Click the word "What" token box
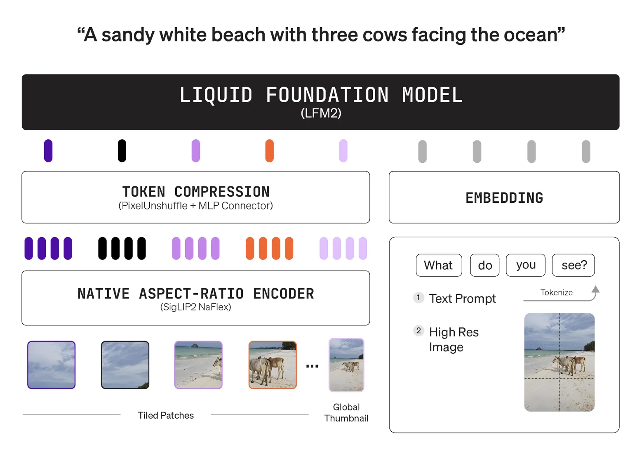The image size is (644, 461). click(439, 265)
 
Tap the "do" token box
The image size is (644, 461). click(485, 265)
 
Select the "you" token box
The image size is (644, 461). click(526, 265)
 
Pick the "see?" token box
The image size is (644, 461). click(573, 265)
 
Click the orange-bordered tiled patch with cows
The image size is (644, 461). click(273, 365)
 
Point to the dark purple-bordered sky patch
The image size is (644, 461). click(52, 365)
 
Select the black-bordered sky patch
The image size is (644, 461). click(125, 365)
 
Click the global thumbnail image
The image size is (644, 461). click(346, 365)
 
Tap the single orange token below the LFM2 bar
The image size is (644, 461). click(270, 151)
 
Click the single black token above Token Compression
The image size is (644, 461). click(122, 151)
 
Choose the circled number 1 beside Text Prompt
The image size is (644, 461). click(418, 297)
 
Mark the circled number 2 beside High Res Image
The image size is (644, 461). click(418, 331)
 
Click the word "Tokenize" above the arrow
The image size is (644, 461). click(556, 292)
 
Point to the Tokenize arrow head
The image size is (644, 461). click(596, 289)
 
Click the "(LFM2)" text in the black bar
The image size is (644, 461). click(321, 113)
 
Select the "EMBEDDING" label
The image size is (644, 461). click(504, 198)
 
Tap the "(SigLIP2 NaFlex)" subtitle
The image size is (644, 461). click(195, 307)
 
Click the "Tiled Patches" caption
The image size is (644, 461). click(166, 415)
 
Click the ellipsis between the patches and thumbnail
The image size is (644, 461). click(312, 366)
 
